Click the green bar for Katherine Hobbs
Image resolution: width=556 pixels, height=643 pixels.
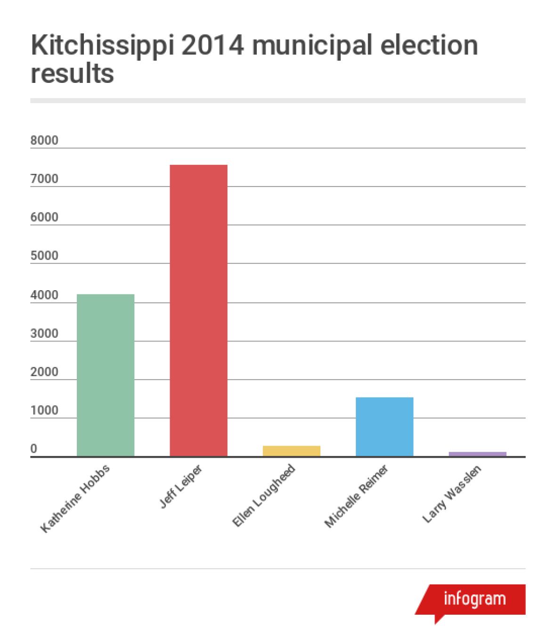106,375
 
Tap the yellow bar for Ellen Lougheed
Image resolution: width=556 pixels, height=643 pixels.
291,451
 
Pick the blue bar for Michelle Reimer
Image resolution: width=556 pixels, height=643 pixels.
384,426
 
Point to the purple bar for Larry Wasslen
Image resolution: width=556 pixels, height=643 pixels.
477,454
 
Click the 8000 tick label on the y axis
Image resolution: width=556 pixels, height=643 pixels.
44,140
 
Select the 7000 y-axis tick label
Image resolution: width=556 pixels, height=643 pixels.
44,179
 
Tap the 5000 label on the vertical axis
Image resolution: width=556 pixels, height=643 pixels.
44,256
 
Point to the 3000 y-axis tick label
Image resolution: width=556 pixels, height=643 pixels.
44,334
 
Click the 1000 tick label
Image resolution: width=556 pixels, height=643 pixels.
44,410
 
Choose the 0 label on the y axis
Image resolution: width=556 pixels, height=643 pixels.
34,449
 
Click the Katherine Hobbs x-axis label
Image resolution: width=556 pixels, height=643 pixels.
75,499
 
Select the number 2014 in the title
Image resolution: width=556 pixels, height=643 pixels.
221,46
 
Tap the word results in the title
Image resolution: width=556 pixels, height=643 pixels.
72,73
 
